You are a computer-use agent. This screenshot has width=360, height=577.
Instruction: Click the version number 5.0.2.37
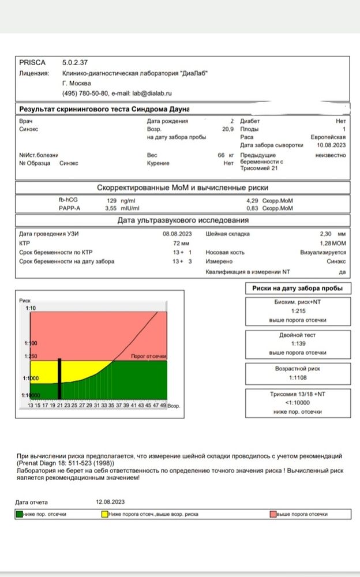[x=74, y=62]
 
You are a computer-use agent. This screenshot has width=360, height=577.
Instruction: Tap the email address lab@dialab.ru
[x=152, y=93]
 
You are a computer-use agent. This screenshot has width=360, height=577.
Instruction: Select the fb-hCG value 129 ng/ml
[x=120, y=200]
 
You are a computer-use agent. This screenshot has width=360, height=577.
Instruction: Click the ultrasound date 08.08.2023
[x=177, y=234]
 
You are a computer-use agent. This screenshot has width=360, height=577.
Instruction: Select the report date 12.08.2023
[x=111, y=501]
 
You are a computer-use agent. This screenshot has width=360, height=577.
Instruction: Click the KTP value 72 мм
[x=182, y=243]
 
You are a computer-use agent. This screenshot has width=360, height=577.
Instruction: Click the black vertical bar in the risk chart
[x=59, y=379]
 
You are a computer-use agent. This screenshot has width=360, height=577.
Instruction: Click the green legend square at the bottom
[x=19, y=514]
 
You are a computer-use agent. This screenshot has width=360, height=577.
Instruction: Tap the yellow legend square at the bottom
[x=104, y=514]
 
